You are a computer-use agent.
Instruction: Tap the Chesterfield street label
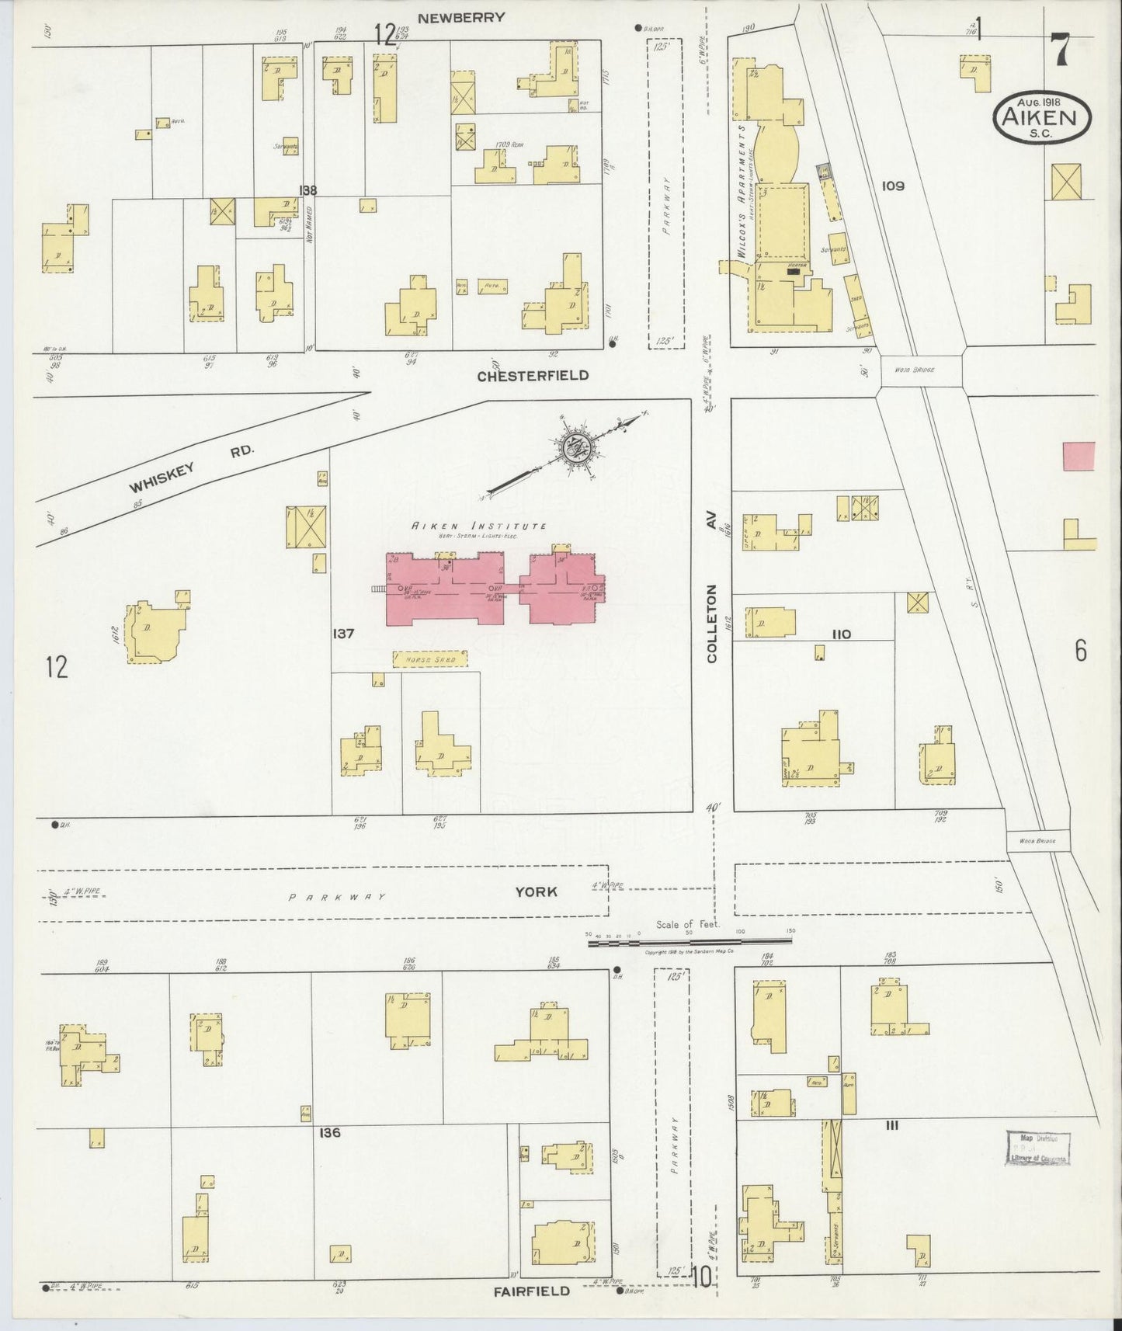533,376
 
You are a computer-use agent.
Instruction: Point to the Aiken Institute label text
479,526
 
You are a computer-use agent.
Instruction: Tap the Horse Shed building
430,659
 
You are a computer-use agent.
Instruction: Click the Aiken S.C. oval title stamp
1042,118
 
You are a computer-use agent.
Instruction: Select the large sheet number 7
1059,50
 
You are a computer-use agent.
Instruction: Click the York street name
536,891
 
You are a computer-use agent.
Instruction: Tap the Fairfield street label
532,1291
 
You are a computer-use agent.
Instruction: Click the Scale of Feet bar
689,941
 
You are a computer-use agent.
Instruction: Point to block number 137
342,634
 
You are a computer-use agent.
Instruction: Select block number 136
329,1133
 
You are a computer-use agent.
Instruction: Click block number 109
894,186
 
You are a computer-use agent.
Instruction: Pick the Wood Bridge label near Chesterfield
919,370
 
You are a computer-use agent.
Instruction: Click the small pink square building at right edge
1079,456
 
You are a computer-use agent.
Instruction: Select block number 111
891,1125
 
